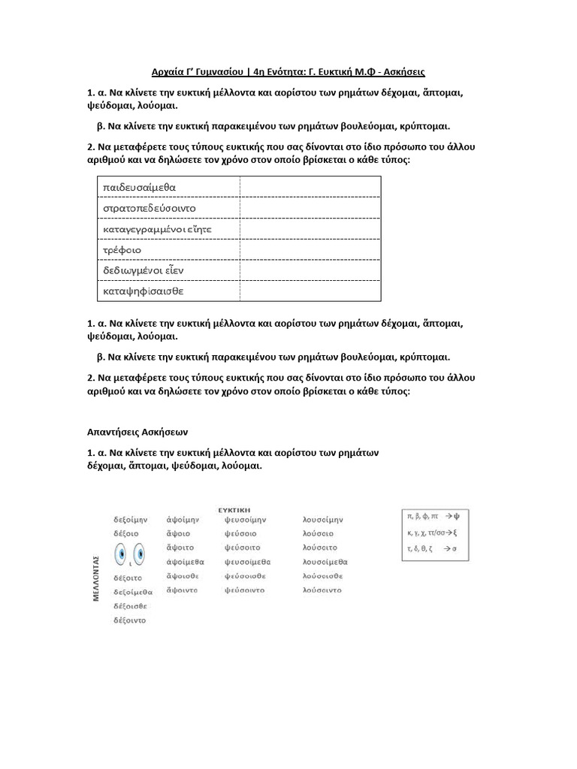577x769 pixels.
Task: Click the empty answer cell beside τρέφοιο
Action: [x=310, y=249]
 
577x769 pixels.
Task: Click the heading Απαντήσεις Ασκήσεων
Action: [x=137, y=433]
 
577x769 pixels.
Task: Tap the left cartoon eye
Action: [x=122, y=556]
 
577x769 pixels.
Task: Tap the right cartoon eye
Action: [x=139, y=554]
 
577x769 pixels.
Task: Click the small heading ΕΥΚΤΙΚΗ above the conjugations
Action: [x=234, y=508]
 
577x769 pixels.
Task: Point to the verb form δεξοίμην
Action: [x=130, y=519]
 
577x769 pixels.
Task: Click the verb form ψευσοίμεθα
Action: [x=246, y=562]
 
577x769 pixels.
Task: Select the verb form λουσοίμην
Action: [x=322, y=519]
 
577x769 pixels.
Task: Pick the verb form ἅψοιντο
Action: [x=183, y=590]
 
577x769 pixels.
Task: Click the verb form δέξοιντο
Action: [x=130, y=620]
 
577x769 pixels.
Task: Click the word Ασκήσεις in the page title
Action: [x=403, y=72]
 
